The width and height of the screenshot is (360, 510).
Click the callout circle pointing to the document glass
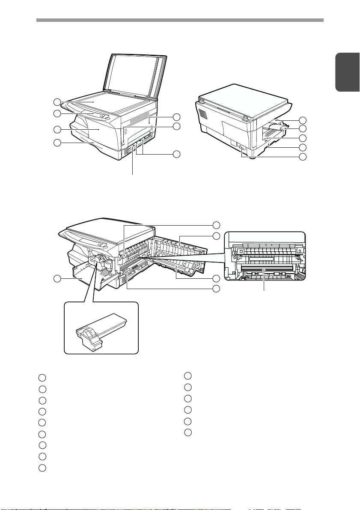(57, 102)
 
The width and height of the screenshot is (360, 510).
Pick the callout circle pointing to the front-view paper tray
(57, 143)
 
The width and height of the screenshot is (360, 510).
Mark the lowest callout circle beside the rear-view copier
(303, 157)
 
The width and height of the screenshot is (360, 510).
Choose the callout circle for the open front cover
(57, 279)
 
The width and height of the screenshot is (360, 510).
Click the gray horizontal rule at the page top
(180, 20)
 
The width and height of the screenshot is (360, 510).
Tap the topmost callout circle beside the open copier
(217, 225)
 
